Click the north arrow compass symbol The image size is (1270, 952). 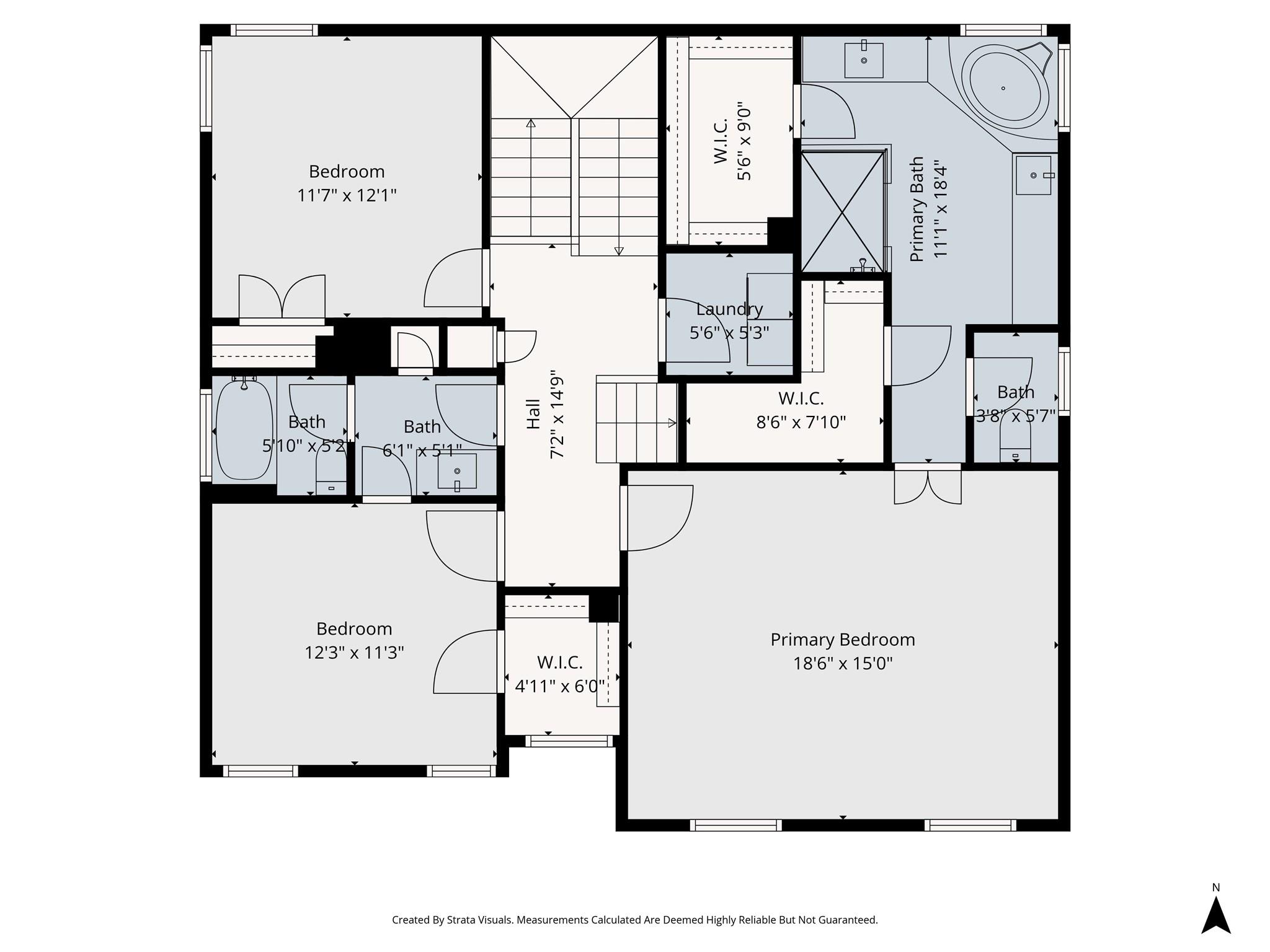coord(1215,917)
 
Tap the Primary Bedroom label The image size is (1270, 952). coord(843,640)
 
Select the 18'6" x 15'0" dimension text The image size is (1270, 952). coord(843,664)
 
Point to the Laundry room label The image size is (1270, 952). coord(729,309)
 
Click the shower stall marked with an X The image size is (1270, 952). coord(843,211)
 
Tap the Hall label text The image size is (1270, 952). coord(533,414)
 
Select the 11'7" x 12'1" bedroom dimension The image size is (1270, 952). coord(347,196)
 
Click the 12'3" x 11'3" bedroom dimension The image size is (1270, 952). coord(354,653)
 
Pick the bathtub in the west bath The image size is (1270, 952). coord(244,430)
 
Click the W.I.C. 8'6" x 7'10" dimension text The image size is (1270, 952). coord(801,422)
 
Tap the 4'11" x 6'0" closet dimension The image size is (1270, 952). coord(560,686)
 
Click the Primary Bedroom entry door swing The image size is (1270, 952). coord(657,518)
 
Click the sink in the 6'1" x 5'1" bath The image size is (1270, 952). coord(457,472)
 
